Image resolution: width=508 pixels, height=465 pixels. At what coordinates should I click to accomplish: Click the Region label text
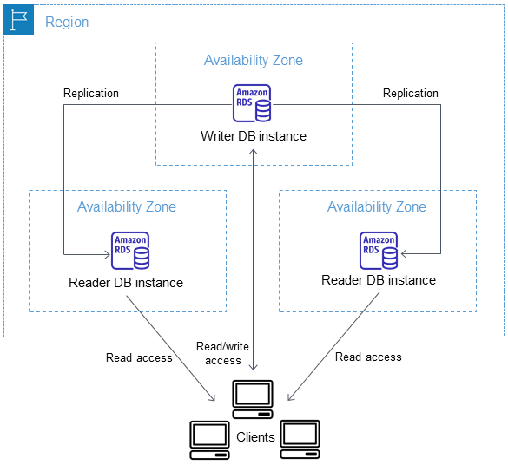pos(67,22)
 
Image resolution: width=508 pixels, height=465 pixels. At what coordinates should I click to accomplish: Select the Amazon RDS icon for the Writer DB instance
pos(252,103)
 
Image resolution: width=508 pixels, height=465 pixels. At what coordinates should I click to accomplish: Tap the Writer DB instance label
pos(254,136)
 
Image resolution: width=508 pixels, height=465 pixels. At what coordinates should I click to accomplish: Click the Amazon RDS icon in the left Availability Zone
pos(130,250)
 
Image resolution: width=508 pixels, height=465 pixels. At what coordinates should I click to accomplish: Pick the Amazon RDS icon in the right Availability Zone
pos(379,250)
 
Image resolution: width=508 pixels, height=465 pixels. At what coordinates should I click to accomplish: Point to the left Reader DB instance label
pos(126,283)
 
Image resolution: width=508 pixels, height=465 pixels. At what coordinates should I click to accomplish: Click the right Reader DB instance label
pos(379,280)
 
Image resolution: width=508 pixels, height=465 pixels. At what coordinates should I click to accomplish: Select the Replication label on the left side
pos(91,93)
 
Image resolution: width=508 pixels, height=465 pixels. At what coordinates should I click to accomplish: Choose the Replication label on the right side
pos(411,93)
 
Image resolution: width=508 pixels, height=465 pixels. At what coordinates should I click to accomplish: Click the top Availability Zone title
pos(254,61)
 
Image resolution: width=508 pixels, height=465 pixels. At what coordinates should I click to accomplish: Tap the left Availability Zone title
pos(127,206)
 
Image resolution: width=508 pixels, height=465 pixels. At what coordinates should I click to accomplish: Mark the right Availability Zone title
pos(377,206)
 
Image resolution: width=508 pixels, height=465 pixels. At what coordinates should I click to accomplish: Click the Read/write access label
pos(223,353)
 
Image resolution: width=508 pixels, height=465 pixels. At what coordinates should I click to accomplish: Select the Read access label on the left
pos(139,357)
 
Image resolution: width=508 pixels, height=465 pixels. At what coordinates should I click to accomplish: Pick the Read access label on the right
pos(368,357)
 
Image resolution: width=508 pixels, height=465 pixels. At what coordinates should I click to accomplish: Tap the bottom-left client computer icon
pos(210,439)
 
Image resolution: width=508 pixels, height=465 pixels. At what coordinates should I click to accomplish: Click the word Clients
pos(255,437)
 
